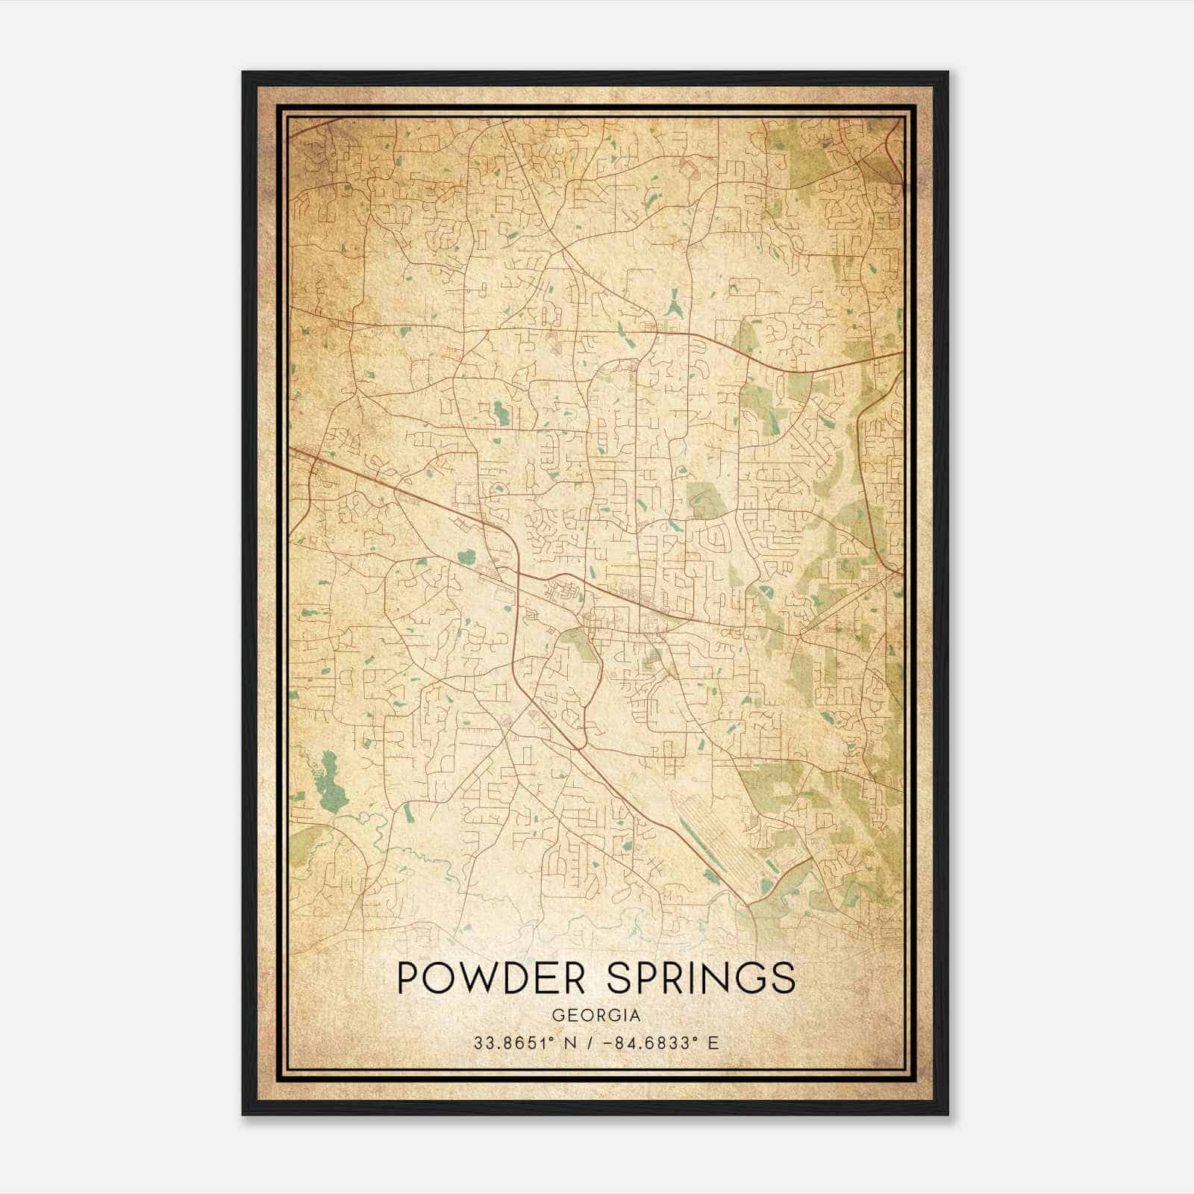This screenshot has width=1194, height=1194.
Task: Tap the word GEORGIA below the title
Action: (x=596, y=1016)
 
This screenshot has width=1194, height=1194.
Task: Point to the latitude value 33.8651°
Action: (x=516, y=1043)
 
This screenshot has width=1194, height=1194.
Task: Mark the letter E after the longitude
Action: (x=713, y=1043)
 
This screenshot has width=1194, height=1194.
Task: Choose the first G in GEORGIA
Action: (x=557, y=1016)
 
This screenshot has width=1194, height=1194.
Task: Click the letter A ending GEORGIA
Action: (x=635, y=1016)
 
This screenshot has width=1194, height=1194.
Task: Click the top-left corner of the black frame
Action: (x=244, y=73)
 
